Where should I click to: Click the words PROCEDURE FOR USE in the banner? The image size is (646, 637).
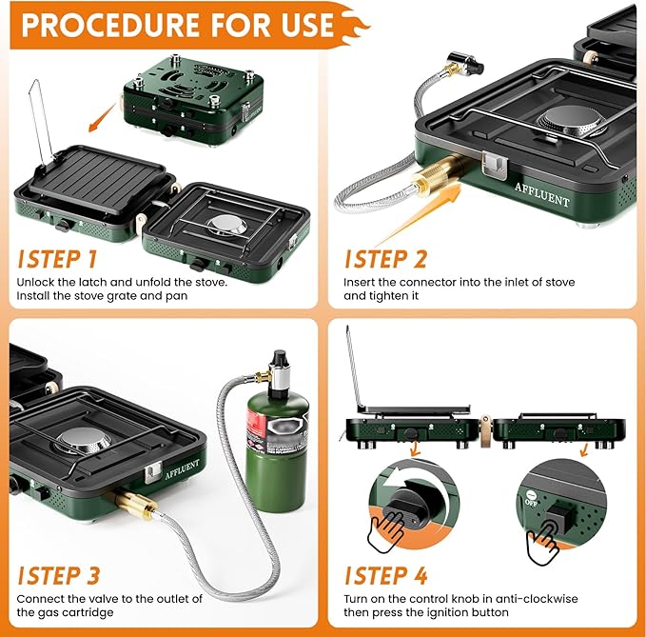(176, 24)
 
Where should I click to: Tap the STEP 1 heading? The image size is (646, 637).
(58, 259)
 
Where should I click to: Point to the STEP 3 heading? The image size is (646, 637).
(58, 575)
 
